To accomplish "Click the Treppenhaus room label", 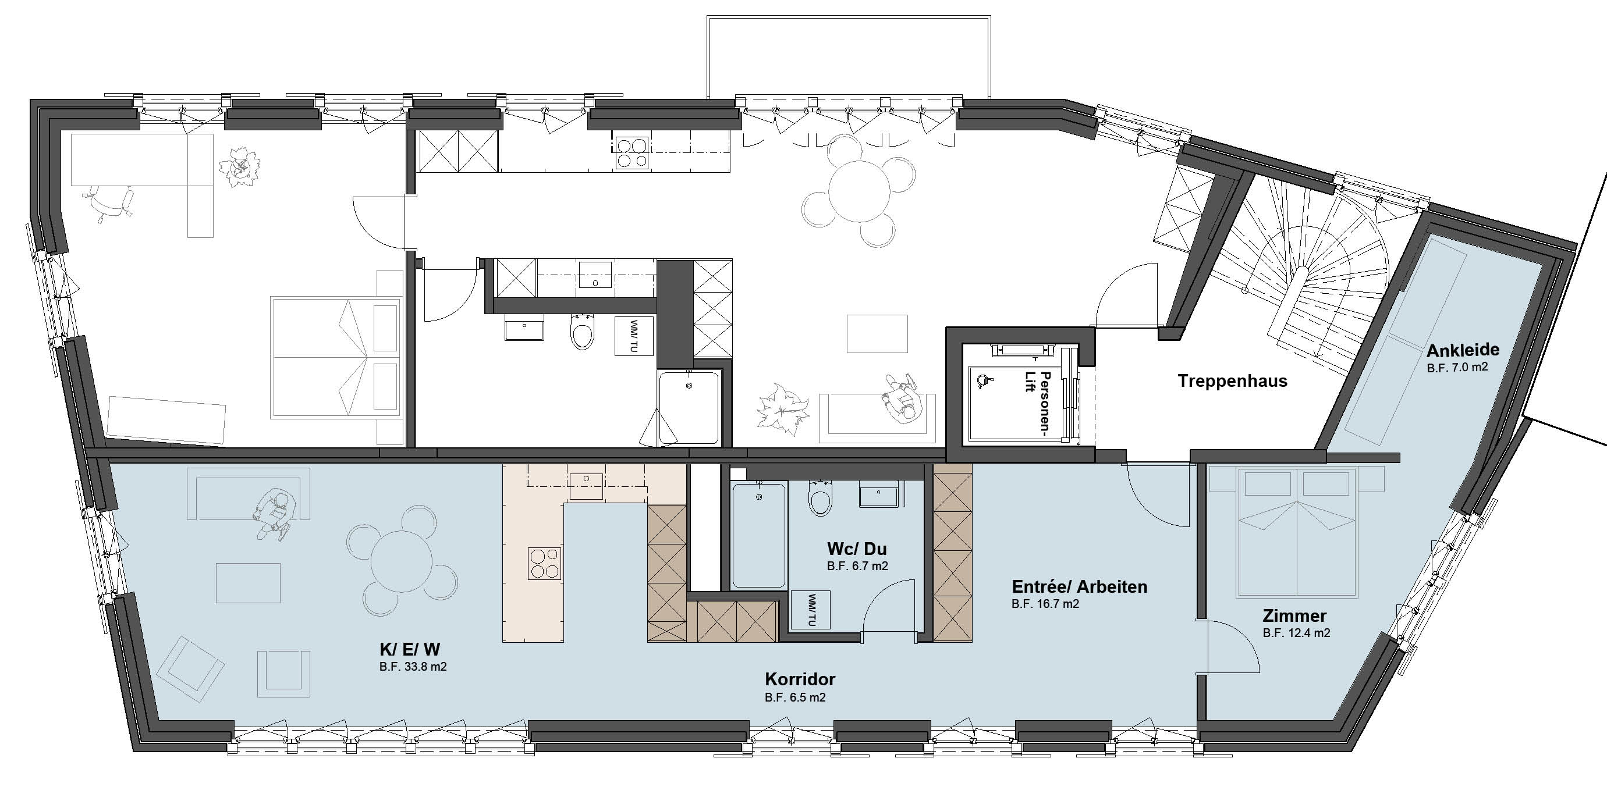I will [x=1232, y=381].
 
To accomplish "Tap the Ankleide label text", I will [x=1462, y=350].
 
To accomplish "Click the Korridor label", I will [x=800, y=679].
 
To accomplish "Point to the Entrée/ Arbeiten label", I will [x=1079, y=587].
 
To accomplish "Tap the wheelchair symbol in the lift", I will [x=984, y=380].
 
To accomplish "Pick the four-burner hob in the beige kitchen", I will [x=545, y=564].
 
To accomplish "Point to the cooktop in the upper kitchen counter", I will [x=631, y=154].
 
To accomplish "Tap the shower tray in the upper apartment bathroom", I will [x=689, y=407].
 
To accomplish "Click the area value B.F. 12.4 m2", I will [x=1296, y=633].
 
